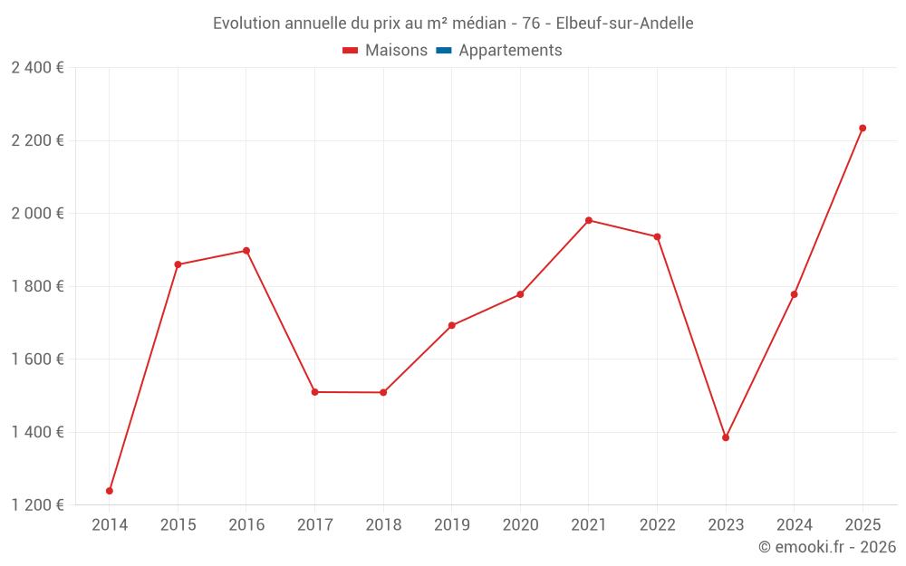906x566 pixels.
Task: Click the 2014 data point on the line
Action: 110,491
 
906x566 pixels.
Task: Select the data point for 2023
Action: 726,437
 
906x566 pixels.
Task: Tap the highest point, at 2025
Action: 863,128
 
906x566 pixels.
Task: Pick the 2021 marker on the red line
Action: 589,220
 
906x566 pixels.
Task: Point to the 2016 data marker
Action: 246,251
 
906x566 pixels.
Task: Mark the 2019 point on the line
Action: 452,325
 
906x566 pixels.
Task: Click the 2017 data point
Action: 314,392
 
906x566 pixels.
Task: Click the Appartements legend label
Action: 510,51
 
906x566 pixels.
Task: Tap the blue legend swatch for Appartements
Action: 444,51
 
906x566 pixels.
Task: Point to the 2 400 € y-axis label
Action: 38,68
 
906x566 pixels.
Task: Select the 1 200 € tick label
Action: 38,505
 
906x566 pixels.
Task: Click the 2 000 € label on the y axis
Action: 38,214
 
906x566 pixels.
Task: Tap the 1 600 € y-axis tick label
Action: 38,360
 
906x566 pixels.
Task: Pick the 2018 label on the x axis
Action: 383,525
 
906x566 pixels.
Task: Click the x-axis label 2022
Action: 657,525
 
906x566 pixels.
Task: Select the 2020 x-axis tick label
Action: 520,525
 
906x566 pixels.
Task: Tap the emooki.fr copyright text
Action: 827,547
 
